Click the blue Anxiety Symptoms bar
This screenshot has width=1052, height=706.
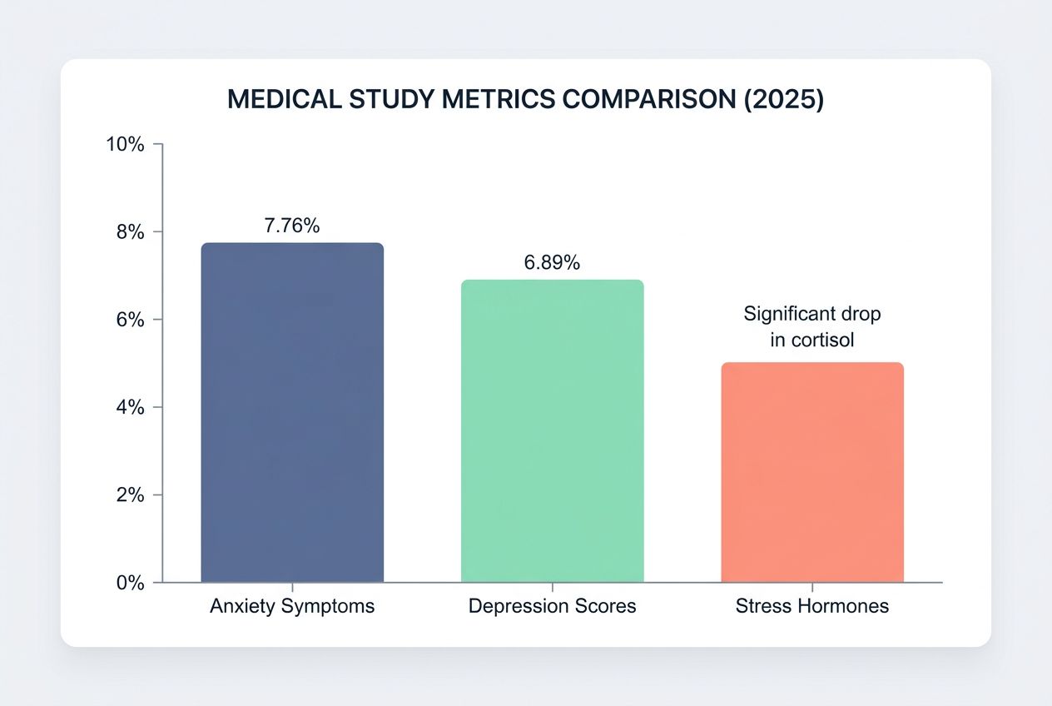[x=292, y=413]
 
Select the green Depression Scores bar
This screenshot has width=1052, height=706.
[x=552, y=431]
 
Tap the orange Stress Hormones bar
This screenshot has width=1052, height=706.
[x=811, y=472]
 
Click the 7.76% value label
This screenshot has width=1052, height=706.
[x=292, y=226]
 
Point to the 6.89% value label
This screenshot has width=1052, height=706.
[x=552, y=263]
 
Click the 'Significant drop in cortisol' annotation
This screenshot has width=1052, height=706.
[x=811, y=327]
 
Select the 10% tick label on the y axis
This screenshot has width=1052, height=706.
[x=125, y=145]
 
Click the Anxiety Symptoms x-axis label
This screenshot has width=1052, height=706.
[x=292, y=606]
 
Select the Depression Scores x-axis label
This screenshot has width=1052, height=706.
[x=552, y=606]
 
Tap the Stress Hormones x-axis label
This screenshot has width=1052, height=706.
[x=811, y=606]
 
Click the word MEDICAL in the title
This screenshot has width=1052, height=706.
[x=283, y=99]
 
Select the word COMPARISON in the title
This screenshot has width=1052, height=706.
[x=647, y=99]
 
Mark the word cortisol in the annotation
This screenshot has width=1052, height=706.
[x=823, y=341]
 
